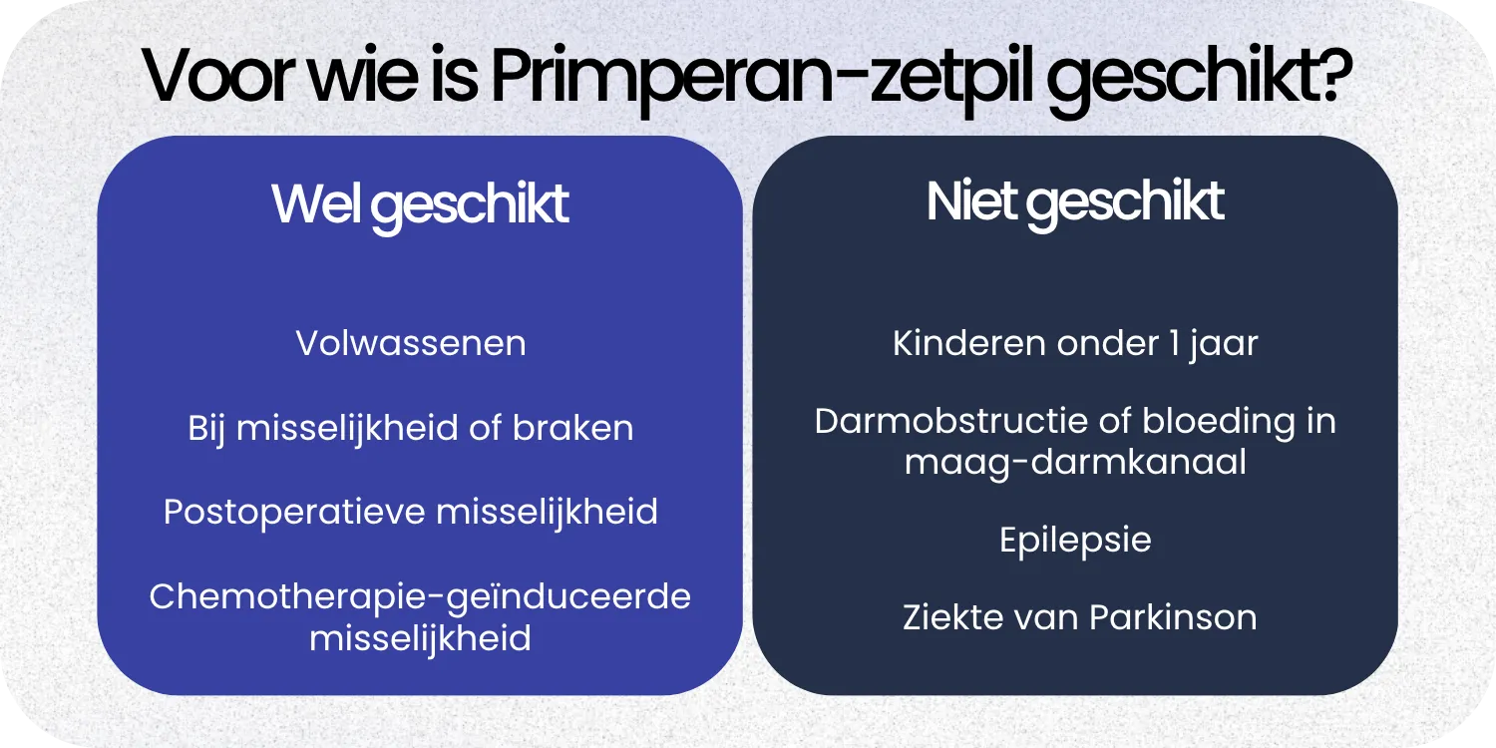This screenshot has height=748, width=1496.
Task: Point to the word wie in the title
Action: [x=368, y=75]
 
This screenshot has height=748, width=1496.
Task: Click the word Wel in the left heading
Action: [x=317, y=203]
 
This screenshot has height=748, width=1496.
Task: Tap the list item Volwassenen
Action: [x=411, y=343]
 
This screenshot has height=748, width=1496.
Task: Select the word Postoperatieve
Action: [x=295, y=512]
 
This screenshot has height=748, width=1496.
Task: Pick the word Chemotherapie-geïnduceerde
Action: [x=420, y=596]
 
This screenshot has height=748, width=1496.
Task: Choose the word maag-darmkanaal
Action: [x=1075, y=463]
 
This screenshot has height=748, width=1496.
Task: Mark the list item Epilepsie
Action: [x=1075, y=541]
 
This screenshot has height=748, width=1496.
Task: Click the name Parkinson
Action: [x=1172, y=617]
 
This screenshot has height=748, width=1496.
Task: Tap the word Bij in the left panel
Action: [x=208, y=429]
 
